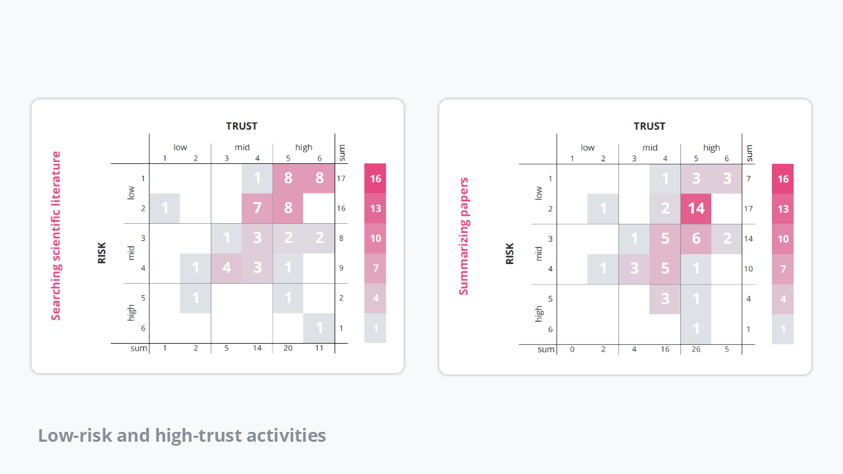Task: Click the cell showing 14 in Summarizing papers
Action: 695,209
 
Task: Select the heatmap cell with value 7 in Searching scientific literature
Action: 257,209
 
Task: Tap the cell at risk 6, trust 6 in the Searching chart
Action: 319,328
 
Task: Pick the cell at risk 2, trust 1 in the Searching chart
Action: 165,209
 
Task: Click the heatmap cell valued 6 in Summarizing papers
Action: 695,238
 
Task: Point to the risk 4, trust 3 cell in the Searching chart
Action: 226,268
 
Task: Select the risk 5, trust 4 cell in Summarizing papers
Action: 665,298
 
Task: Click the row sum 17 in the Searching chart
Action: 341,178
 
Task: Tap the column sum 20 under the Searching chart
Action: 288,348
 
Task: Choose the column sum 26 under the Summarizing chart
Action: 695,349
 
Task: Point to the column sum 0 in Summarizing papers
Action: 572,349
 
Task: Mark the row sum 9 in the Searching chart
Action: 341,268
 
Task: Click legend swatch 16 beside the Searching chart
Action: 375,178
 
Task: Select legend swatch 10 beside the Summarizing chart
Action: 783,238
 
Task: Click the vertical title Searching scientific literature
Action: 56,236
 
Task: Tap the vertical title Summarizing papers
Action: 464,236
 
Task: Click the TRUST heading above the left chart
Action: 242,126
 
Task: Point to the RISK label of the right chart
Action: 509,253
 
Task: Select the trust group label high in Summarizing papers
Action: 711,147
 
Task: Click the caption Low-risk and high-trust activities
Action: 182,435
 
